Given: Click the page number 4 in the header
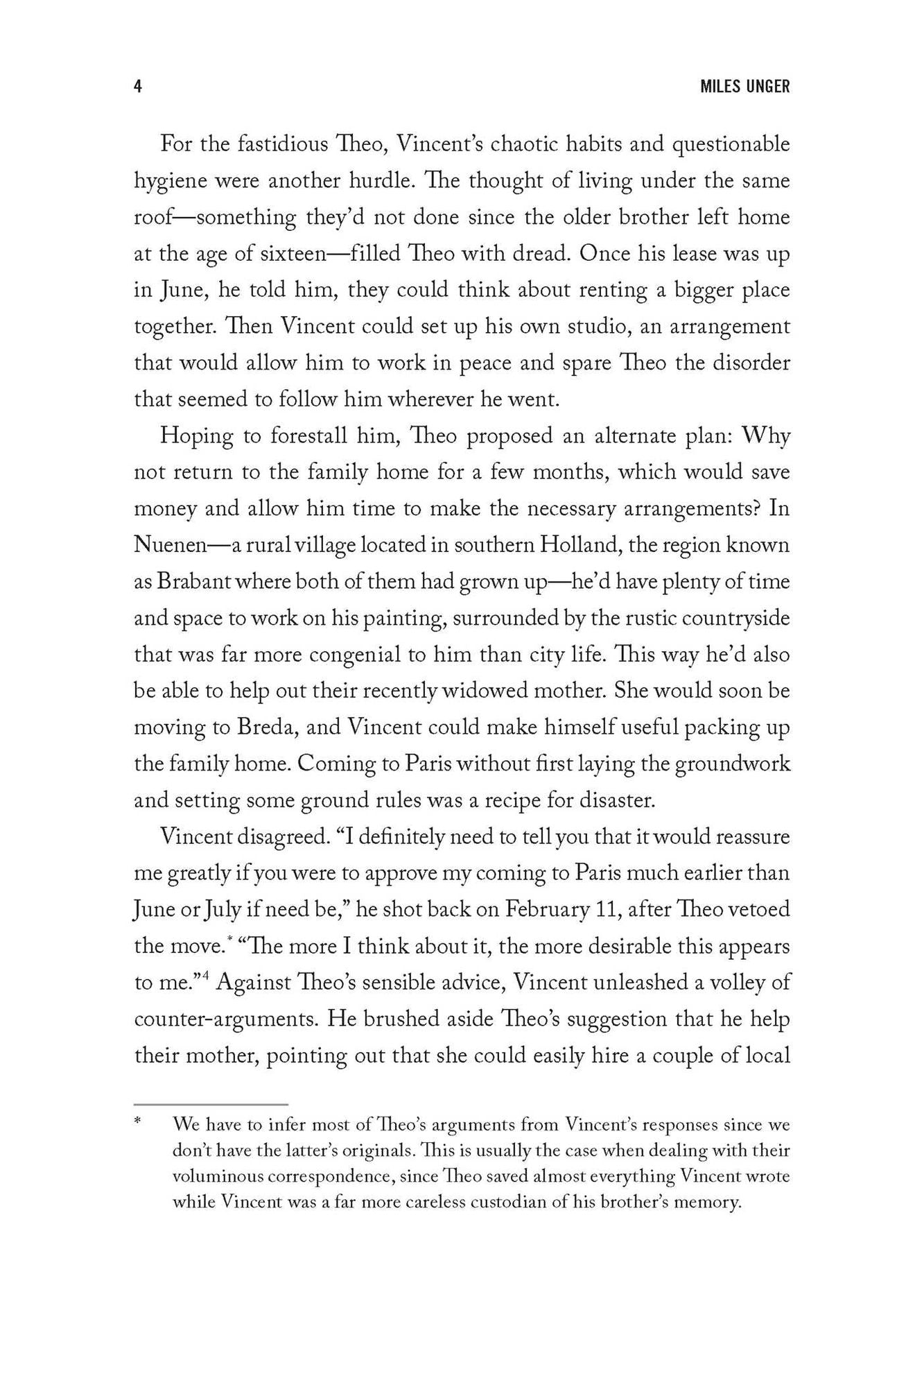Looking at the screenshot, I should click(x=138, y=87).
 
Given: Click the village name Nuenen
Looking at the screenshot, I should click(x=171, y=545).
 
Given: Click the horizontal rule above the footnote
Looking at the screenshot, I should click(x=211, y=1104).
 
